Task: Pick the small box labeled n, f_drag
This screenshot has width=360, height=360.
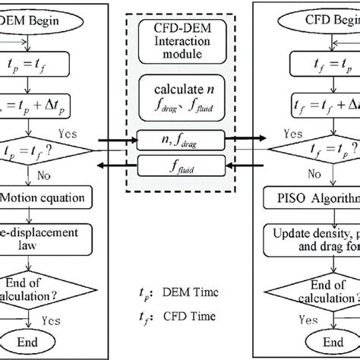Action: click(180, 140)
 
